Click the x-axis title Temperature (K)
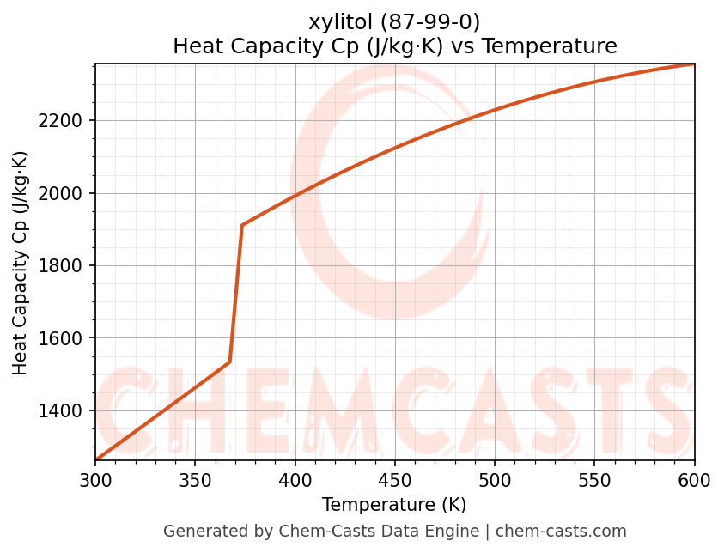[x=394, y=505]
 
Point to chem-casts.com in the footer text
[x=561, y=532]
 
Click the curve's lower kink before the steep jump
[x=229, y=362]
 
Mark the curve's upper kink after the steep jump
[x=242, y=226]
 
